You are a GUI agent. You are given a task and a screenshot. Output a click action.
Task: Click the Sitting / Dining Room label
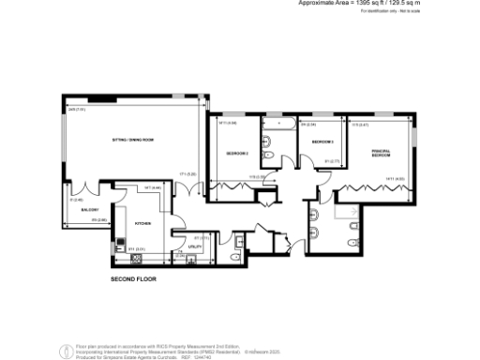132,139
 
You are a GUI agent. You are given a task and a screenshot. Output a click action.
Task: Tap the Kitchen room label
142,224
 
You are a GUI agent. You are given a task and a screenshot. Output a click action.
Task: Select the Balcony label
90,209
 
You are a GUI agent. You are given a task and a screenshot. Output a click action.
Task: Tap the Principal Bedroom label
381,153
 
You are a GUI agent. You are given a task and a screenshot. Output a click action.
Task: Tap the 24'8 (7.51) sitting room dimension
77,110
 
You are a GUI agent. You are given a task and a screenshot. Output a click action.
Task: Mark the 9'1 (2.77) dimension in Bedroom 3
330,160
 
